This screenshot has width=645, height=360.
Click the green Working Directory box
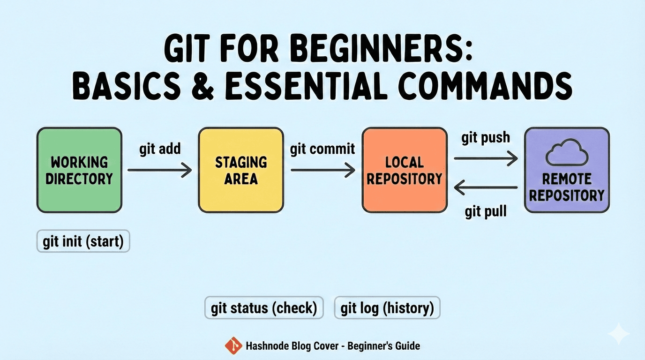[79, 170]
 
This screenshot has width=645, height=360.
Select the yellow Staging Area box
[241, 170]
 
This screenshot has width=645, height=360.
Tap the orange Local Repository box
[404, 170]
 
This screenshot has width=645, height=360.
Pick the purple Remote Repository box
[567, 170]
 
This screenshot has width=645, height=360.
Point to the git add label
[160, 149]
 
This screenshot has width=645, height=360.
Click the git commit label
[322, 149]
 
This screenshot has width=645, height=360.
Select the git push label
[486, 138]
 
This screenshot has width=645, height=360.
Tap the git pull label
[486, 211]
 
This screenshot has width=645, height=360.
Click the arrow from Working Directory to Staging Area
[160, 170]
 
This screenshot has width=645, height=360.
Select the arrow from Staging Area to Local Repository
[322, 170]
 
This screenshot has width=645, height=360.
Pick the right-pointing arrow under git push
[486, 158]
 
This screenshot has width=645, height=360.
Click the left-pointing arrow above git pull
[486, 188]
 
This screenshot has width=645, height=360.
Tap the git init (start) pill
[83, 242]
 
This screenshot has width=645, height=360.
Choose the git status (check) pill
[264, 308]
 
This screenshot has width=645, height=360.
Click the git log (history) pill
[387, 308]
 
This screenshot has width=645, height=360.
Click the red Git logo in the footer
[233, 346]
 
